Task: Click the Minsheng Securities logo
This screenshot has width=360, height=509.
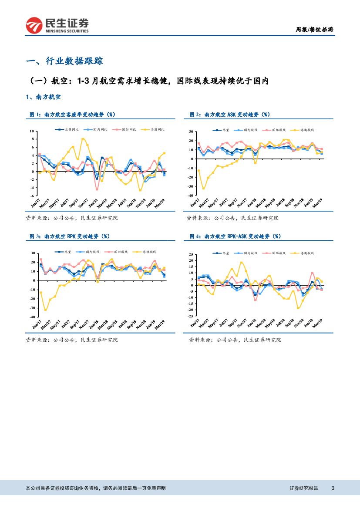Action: (57, 25)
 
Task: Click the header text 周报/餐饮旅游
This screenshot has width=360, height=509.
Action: (315, 30)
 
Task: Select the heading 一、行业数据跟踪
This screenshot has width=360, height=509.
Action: (65, 61)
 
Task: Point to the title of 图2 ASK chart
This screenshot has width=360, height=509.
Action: (230, 114)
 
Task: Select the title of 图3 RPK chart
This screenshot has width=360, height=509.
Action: (69, 236)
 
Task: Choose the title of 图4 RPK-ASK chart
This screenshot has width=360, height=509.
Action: (236, 236)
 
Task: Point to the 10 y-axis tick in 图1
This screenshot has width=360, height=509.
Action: (31, 131)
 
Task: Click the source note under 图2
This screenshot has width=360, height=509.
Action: (232, 218)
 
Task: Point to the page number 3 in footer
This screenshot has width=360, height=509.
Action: (333, 488)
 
